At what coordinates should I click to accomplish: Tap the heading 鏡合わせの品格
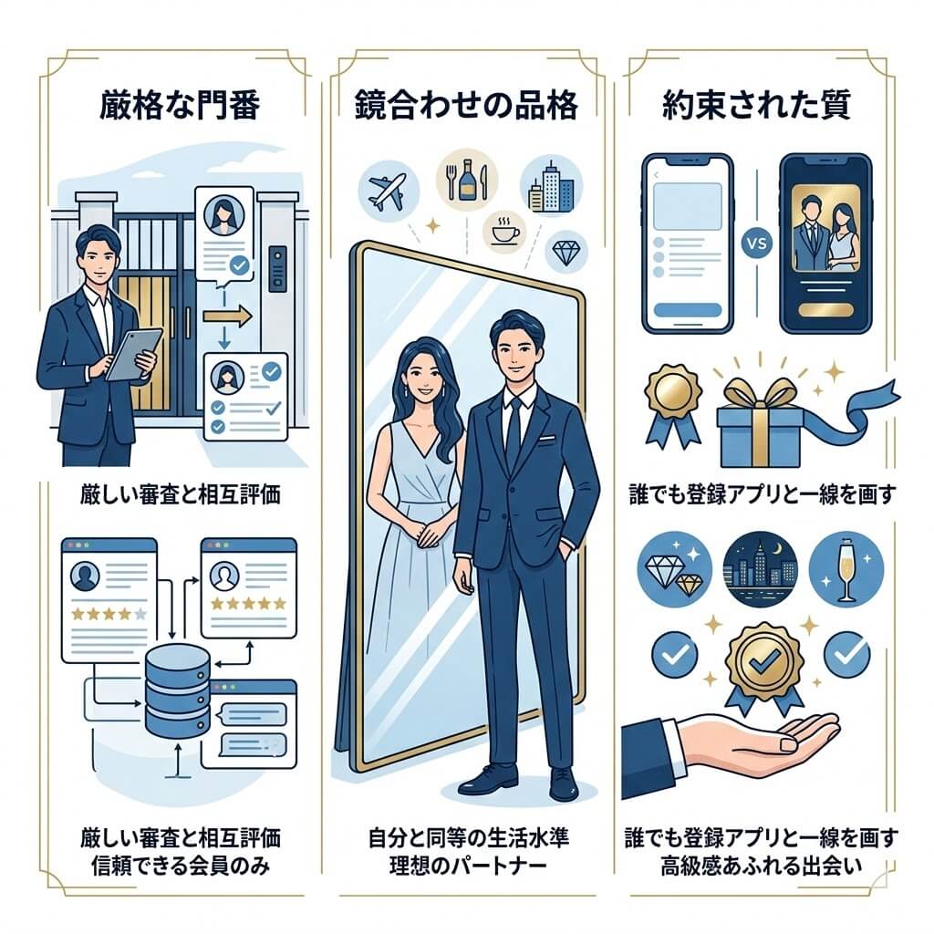tap(465, 108)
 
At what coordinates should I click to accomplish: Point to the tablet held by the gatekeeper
tap(134, 353)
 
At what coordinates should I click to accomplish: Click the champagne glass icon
tap(846, 567)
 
